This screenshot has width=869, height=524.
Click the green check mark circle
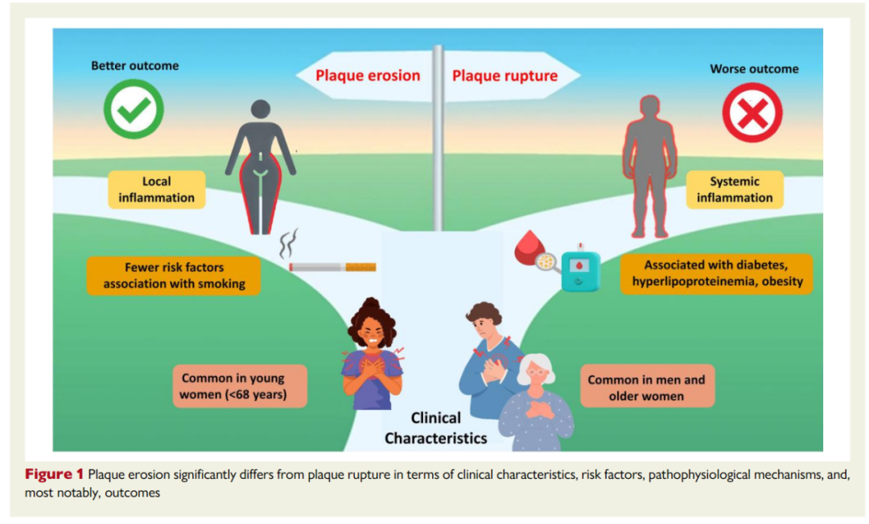pyautogui.click(x=134, y=109)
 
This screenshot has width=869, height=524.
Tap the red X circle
pyautogui.click(x=752, y=113)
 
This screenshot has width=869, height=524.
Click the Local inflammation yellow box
pyautogui.click(x=156, y=189)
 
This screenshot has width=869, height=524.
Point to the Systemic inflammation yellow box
pyautogui.click(x=735, y=189)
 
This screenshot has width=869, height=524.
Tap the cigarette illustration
pyautogui.click(x=332, y=267)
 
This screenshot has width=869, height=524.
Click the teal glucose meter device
pyautogui.click(x=580, y=270)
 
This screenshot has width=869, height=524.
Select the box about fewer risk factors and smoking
pyautogui.click(x=174, y=276)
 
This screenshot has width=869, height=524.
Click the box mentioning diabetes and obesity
pyautogui.click(x=717, y=273)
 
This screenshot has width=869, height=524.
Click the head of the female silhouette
pyautogui.click(x=261, y=109)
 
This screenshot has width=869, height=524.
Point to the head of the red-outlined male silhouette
pyautogui.click(x=649, y=107)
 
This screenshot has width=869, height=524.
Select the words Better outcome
pyautogui.click(x=134, y=66)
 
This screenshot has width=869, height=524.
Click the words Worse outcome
pyautogui.click(x=754, y=69)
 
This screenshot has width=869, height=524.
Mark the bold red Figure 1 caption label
pyautogui.click(x=54, y=474)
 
